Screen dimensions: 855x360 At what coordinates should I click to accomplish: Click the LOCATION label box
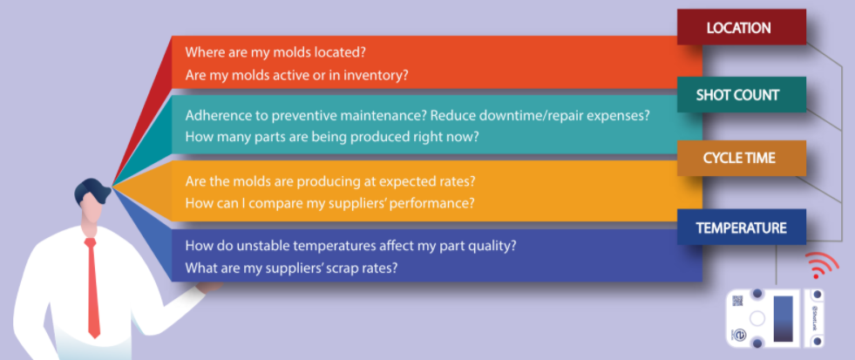(741, 27)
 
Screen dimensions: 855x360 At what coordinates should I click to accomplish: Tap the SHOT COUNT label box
(741, 95)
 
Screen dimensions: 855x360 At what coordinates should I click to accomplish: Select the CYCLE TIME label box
(741, 158)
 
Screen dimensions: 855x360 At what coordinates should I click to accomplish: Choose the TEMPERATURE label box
(741, 227)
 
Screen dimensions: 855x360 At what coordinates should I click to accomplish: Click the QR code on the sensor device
(737, 301)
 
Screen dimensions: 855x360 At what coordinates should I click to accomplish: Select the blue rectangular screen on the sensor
(783, 318)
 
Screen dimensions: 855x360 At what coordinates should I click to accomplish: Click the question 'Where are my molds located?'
(275, 53)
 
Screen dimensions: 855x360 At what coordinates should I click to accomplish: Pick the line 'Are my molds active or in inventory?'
(296, 75)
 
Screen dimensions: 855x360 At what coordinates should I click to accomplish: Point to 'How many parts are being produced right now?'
(332, 136)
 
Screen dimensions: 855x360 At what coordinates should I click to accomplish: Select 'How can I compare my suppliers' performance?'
(330, 203)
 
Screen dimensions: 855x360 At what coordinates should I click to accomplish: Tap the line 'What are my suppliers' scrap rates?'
(290, 268)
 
